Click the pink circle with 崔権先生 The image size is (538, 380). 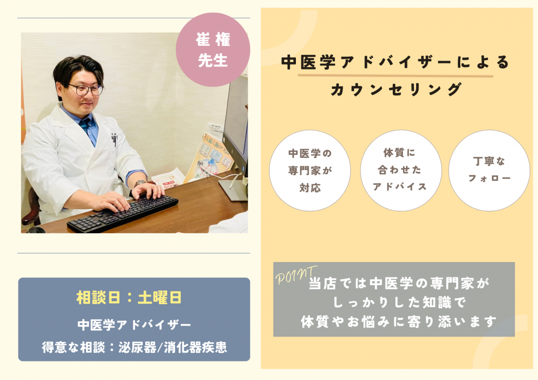coord(213,50)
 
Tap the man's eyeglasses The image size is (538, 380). coord(86,89)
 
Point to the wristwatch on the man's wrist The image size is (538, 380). coord(139,184)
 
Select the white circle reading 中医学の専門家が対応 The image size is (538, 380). coord(310,170)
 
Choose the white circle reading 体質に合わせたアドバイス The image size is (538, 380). coord(401,170)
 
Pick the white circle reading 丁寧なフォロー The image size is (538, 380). coord(489,170)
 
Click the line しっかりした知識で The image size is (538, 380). coord(399,303)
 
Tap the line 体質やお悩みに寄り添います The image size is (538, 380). coord(399,322)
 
